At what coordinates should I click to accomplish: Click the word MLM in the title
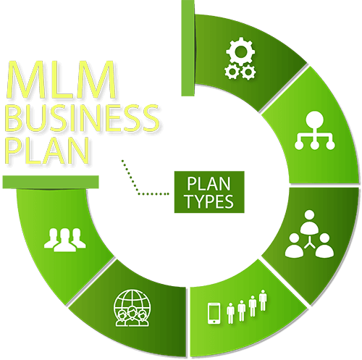(x=62, y=80)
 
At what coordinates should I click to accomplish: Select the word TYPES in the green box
(x=209, y=201)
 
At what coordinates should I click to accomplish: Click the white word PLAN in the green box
(x=209, y=183)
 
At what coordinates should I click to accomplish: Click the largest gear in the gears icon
(x=240, y=51)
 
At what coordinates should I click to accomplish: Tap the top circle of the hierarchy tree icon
(x=314, y=120)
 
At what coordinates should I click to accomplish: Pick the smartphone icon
(x=214, y=314)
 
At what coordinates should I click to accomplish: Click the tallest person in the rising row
(x=263, y=300)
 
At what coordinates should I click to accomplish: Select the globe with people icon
(x=132, y=309)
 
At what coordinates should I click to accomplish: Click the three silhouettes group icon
(x=64, y=240)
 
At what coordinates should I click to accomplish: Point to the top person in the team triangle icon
(x=310, y=222)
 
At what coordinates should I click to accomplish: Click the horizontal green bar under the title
(x=51, y=182)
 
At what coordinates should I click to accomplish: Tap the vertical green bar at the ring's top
(x=188, y=48)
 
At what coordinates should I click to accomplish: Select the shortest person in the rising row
(x=231, y=313)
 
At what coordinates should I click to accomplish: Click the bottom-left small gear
(x=232, y=72)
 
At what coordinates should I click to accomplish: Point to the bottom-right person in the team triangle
(x=324, y=245)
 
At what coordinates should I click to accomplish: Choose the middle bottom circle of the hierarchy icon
(x=314, y=146)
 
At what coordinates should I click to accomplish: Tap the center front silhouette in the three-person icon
(x=64, y=240)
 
